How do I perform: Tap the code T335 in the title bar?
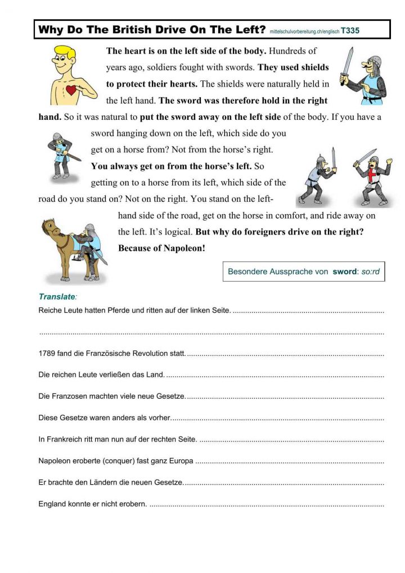(x=350, y=30)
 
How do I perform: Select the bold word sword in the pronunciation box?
(x=344, y=272)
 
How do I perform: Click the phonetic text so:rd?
(x=370, y=272)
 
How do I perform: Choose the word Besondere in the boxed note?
(x=247, y=272)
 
